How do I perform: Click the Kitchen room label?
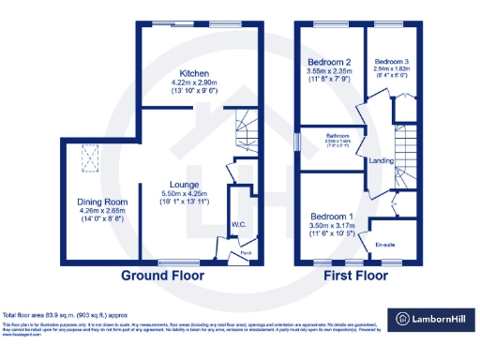point(194,73)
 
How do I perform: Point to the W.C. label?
point(239,225)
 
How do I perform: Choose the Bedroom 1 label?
point(333,215)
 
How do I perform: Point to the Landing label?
point(382,159)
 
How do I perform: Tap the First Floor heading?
point(356,277)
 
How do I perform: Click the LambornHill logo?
point(432,318)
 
